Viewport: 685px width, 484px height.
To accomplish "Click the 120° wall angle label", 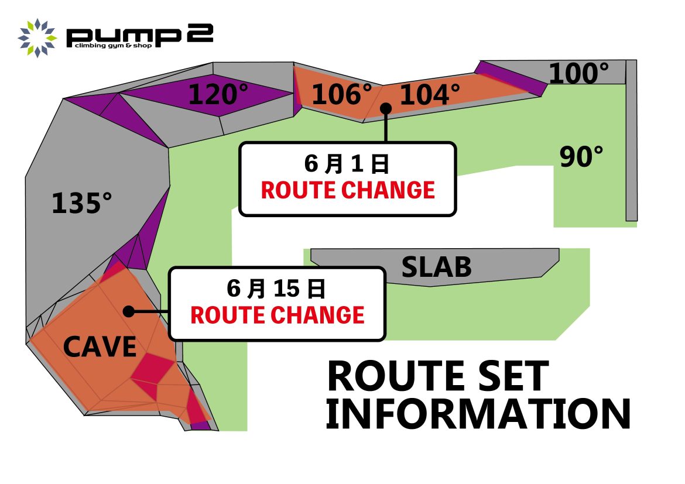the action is pos(218,94).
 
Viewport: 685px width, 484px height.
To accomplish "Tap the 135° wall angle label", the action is pos(82,203).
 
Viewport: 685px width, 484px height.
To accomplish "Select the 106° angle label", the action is pos(342,94).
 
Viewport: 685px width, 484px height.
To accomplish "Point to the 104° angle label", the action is pos(430,95).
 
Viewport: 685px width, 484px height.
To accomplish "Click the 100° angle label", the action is pos(578,73).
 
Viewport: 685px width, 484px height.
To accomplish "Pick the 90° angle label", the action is pos(581,156).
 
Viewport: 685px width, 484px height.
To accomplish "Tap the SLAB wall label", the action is pos(436,267).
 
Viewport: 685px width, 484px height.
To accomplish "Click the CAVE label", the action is pos(100,347).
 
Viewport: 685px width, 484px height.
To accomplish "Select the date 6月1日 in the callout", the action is pos(347,164).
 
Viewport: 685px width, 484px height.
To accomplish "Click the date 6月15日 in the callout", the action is pos(276,289).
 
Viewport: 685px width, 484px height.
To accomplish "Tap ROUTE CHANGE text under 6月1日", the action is pos(348,190).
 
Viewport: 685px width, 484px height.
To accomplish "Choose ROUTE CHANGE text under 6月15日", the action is pos(278,315).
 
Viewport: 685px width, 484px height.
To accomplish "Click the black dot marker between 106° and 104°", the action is pos(386,108).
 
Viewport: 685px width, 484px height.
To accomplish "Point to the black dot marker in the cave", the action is pos(128,311).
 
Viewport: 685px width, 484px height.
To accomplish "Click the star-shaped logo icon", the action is pos(37,38).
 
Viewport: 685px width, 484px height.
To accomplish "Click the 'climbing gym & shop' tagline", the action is pos(113,46).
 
